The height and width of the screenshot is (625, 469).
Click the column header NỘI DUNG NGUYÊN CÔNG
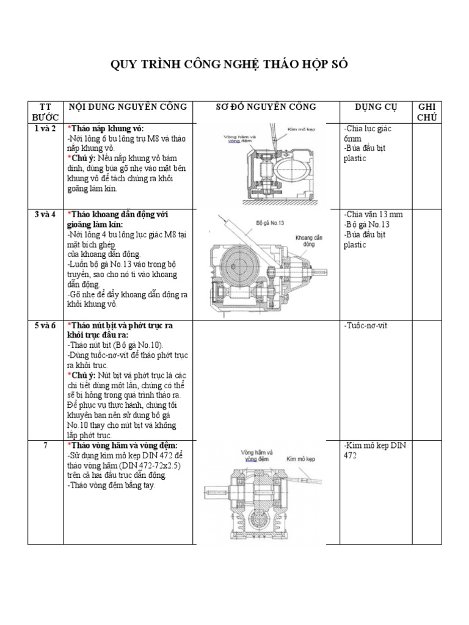coord(128,107)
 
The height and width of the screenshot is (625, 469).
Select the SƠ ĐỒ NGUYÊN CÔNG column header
coord(266,107)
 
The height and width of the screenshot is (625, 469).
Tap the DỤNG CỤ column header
coord(376,107)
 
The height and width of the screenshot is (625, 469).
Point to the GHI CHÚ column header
coord(427,112)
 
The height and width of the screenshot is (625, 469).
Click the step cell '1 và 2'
coord(45,129)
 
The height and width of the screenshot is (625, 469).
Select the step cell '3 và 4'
coord(45,214)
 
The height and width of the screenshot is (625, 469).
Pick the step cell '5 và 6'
coord(45,325)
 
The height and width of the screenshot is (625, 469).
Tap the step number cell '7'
coord(45,445)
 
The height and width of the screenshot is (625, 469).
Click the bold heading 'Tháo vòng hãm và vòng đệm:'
coord(125,445)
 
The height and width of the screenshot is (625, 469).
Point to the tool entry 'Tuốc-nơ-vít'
coord(366,325)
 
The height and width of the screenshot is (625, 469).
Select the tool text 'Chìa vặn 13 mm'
coord(373,214)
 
